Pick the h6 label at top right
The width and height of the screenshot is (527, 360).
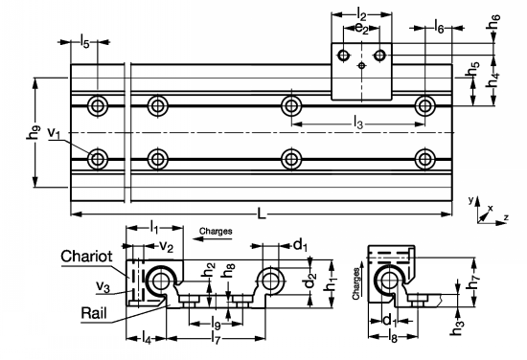(x=494, y=19)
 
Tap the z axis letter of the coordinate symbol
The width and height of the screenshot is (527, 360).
(x=505, y=218)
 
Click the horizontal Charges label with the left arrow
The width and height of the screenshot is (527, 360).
(x=217, y=231)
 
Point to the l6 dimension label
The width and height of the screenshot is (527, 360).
(x=439, y=31)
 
